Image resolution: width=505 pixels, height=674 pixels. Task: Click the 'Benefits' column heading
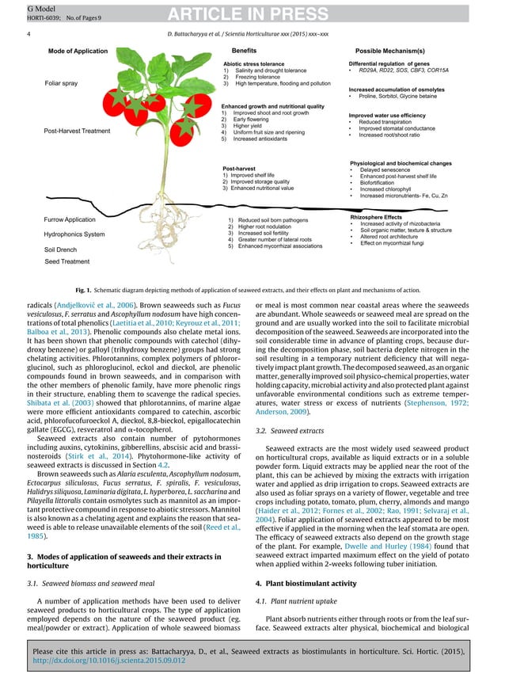point(237,50)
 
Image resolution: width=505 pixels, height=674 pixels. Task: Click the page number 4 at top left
point(28,36)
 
